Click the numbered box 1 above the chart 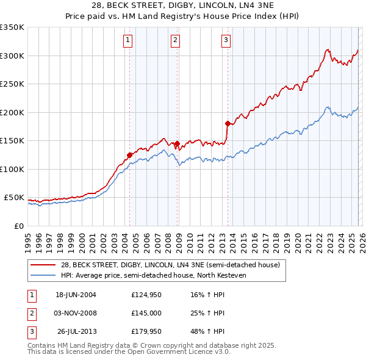coord(128,41)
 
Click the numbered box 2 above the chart coord(175,41)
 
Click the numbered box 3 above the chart coord(226,41)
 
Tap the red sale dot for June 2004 coord(130,155)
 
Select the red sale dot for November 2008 coord(177,144)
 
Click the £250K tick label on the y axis coord(12,84)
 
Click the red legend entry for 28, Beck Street coord(170,265)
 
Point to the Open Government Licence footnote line coord(129,352)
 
